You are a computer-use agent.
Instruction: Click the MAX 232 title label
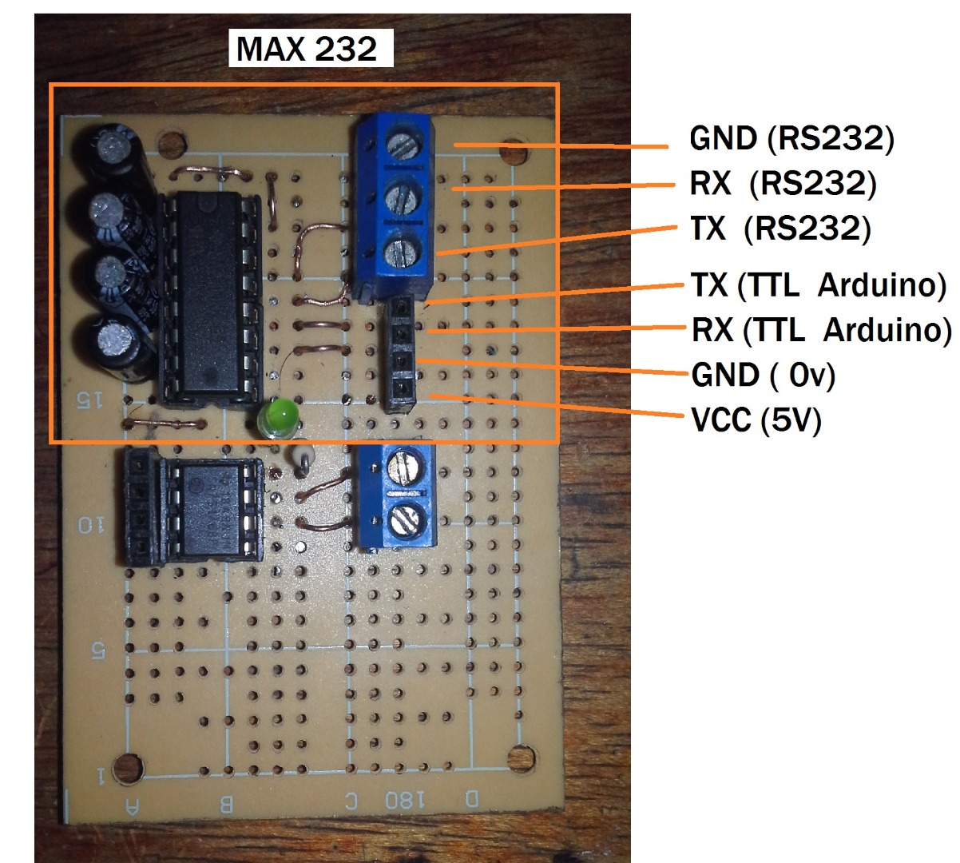307,49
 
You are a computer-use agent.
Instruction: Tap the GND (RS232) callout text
791,139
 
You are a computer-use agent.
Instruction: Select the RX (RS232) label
783,184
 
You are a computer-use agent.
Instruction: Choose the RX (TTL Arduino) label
821,329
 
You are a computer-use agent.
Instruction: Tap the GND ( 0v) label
763,374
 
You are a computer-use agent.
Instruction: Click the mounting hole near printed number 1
128,768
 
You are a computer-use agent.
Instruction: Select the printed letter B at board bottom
227,803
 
